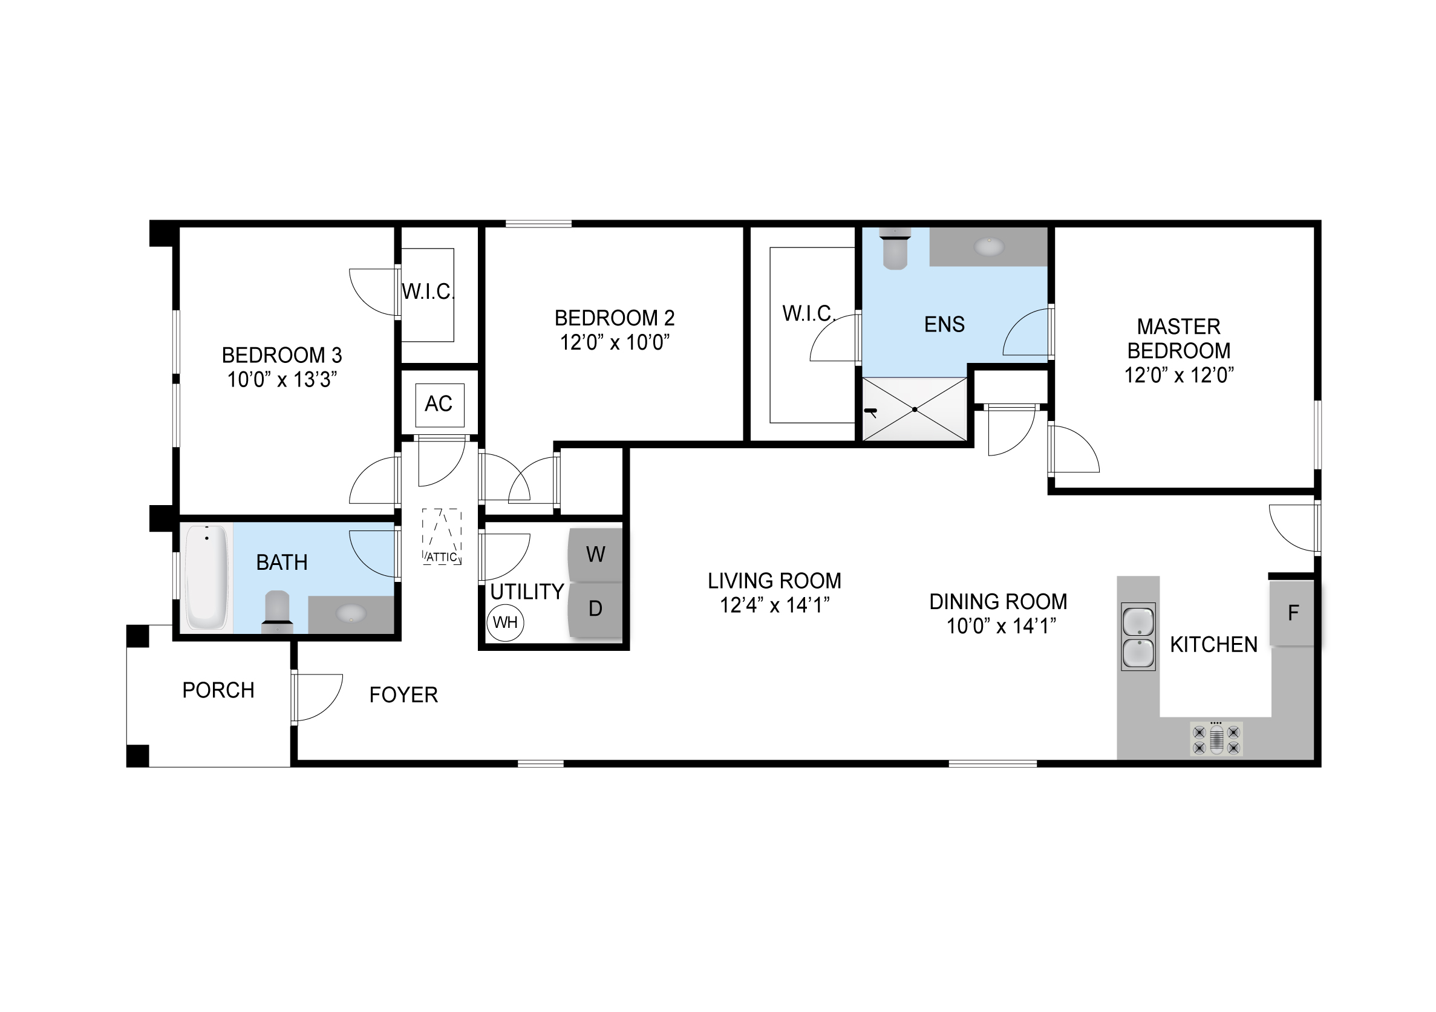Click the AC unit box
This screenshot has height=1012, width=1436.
coord(440,405)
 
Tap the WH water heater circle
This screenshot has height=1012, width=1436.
coord(505,622)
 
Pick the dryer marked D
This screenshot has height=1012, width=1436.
coord(595,610)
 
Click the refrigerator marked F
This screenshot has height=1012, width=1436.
coord(1291,613)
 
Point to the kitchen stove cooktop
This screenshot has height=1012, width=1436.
coord(1216,739)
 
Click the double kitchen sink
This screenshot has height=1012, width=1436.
coord(1138,637)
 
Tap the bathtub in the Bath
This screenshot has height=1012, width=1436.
coord(207,577)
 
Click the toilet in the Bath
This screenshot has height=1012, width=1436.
coord(277,612)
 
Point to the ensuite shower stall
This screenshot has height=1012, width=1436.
coord(915,409)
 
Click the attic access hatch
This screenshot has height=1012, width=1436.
coord(442,537)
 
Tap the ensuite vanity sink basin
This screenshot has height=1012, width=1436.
coord(989,247)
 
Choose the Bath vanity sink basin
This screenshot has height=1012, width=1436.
coord(351,613)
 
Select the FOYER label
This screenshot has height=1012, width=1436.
coord(403,695)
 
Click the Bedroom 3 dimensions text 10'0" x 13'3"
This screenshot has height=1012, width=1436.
coord(282,380)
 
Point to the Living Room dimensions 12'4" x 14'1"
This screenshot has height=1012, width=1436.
coord(774,606)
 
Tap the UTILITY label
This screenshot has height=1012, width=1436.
coord(527,592)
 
